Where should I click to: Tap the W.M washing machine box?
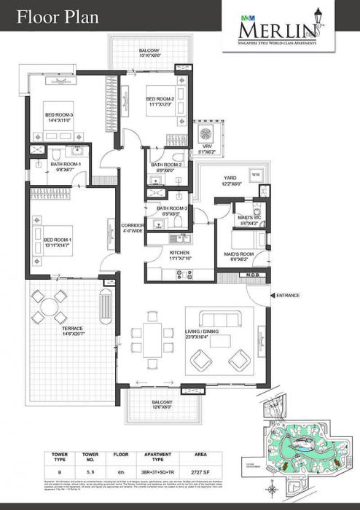255,175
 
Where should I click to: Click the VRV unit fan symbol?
206,133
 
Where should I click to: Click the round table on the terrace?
47,307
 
